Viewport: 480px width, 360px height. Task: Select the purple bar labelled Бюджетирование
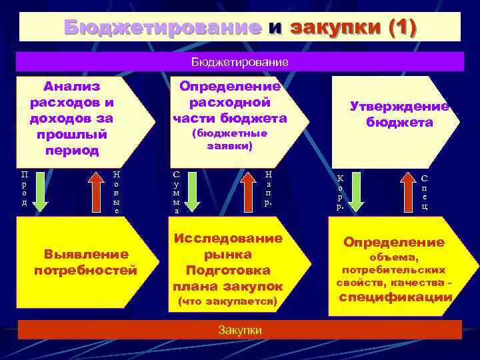tap(240, 62)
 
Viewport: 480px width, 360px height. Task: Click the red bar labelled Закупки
tap(240, 330)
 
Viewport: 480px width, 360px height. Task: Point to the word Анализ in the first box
tap(71, 86)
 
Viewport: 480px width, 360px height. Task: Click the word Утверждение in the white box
tap(399, 107)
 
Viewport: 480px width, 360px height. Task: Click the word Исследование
tap(228, 238)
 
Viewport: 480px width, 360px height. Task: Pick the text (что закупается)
tap(228, 301)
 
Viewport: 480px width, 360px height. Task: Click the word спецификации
tap(396, 297)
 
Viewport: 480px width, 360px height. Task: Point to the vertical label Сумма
tap(176, 192)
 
